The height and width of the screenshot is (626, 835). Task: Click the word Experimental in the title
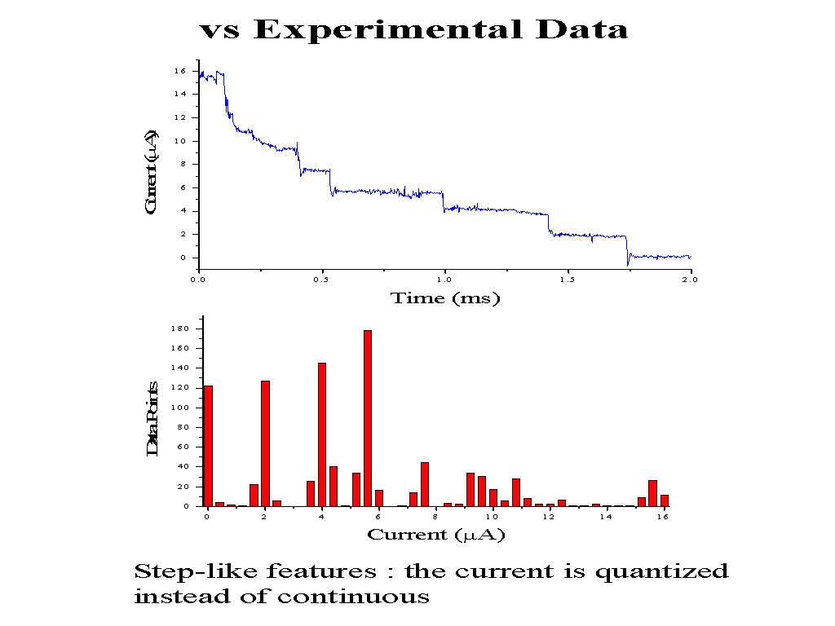point(387,30)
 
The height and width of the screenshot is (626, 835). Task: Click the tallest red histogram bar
point(368,417)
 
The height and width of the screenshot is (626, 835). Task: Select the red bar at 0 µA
point(208,445)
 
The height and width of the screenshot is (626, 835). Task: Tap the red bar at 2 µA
point(265,443)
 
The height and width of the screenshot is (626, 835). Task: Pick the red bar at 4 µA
point(322,434)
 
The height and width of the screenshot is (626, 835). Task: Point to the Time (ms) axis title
point(445,298)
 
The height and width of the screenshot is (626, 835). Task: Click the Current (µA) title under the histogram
point(435,535)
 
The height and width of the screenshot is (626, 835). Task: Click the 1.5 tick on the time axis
point(568,280)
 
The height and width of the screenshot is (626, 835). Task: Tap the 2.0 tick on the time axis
point(690,280)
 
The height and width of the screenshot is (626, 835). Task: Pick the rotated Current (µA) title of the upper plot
point(151,172)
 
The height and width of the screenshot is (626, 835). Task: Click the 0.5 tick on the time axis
point(321,280)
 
